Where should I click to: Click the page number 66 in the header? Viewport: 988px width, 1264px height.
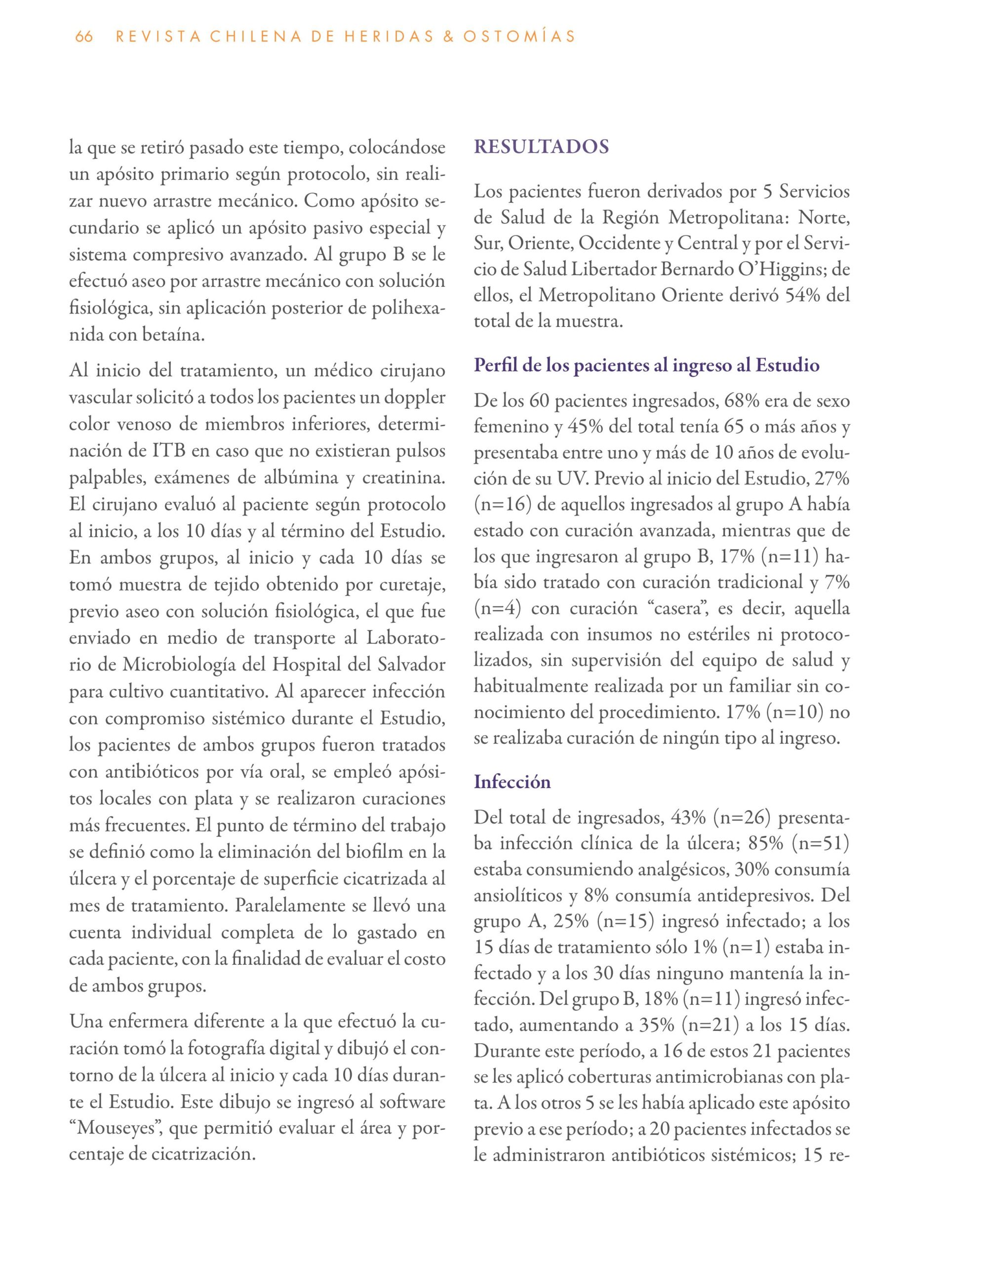[x=84, y=37]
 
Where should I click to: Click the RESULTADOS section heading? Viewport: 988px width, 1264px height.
[x=541, y=147]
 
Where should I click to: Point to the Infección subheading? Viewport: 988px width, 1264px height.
[x=512, y=782]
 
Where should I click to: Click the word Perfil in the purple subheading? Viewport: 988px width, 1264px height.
[x=495, y=366]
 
